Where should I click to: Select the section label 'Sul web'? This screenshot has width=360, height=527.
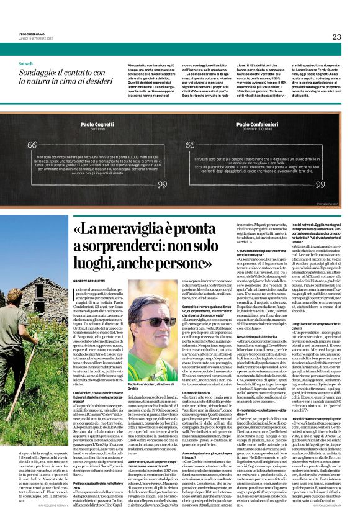pos(25,64)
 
